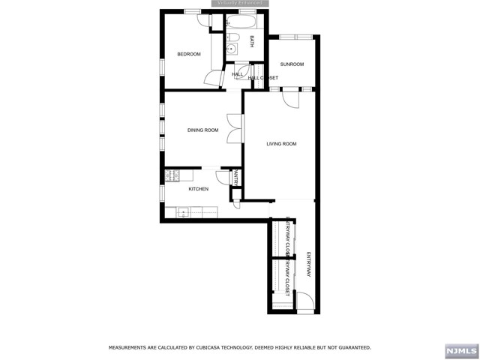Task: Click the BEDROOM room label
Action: [x=189, y=54]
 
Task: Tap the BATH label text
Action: [x=252, y=42]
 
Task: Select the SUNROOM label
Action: [x=292, y=64]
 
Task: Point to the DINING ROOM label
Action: [x=202, y=130]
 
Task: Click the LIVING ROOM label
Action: [x=281, y=144]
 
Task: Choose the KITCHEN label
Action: [x=198, y=189]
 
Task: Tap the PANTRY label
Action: [x=235, y=178]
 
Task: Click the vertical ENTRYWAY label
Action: [x=308, y=264]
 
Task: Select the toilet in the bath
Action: [x=232, y=36]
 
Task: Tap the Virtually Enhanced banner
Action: [x=240, y=4]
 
